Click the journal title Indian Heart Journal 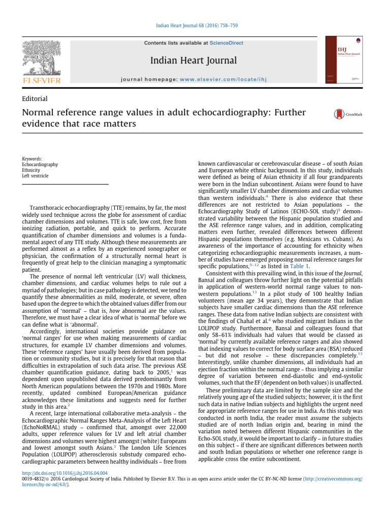[x=193, y=61]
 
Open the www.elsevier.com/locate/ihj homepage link [x=223, y=79]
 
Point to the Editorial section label [x=35, y=99]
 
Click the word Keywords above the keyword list [x=32, y=159]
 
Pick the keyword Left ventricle [x=36, y=176]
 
